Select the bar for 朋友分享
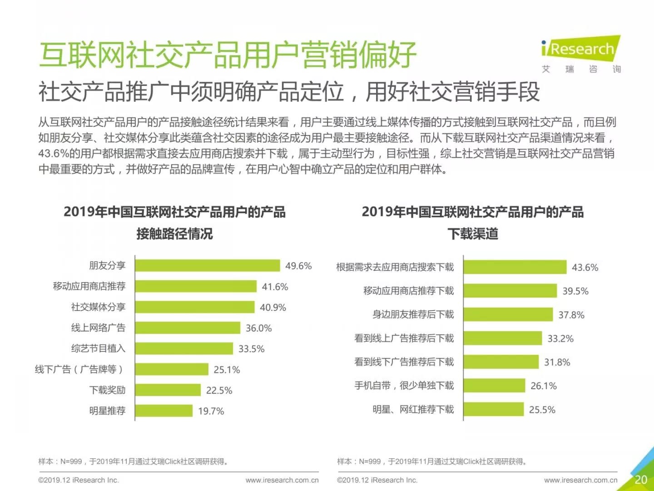(x=207, y=266)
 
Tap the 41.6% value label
(x=275, y=287)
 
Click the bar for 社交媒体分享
(x=194, y=307)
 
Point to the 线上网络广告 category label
(x=98, y=328)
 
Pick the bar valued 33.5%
(x=183, y=349)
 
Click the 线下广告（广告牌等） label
(x=79, y=369)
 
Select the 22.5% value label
(x=219, y=391)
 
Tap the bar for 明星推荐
(x=163, y=411)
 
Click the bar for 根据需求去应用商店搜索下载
(x=515, y=267)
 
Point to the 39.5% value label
(x=575, y=291)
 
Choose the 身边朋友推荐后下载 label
(x=413, y=315)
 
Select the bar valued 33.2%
(x=503, y=338)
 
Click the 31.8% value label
(x=557, y=362)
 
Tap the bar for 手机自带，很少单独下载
(x=494, y=386)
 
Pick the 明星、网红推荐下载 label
(x=413, y=410)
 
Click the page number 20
(x=641, y=480)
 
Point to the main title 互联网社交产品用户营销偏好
(x=228, y=55)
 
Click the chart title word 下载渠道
(x=473, y=234)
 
